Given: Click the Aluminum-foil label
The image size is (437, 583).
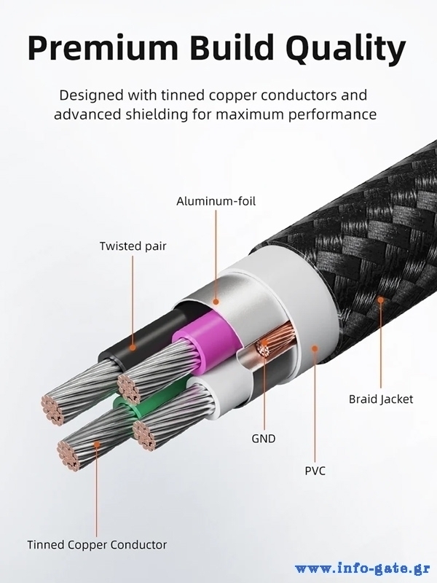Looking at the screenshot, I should (x=216, y=200).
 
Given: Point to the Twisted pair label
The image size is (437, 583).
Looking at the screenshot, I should (x=133, y=246).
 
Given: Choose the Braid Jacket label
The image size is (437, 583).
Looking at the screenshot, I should (x=380, y=399).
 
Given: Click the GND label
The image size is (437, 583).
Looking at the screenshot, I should (x=264, y=439).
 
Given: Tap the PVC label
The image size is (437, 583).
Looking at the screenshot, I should (x=315, y=470).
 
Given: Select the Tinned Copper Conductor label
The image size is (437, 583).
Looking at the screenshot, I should (x=97, y=544).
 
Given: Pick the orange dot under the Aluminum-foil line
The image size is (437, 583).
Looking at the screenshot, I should (x=216, y=299).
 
